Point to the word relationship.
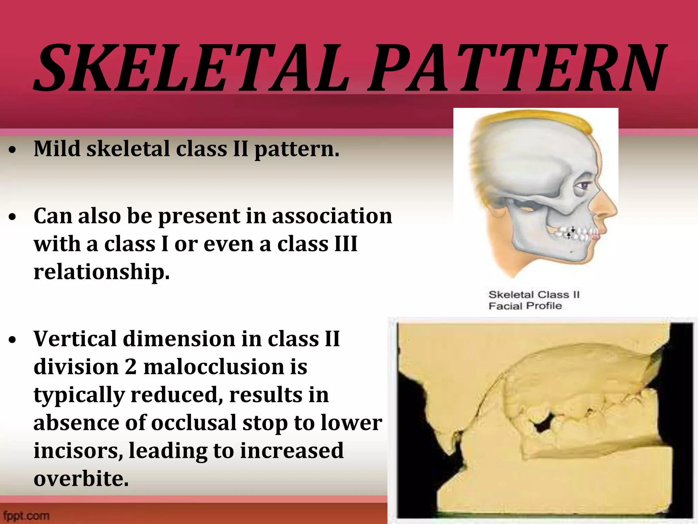click(x=101, y=272)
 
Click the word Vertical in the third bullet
click(x=75, y=339)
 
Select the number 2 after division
click(x=131, y=367)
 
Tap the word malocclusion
click(x=214, y=367)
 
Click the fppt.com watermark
click(x=26, y=515)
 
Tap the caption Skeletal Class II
click(x=534, y=294)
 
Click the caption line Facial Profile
click(x=525, y=306)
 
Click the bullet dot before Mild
click(x=13, y=150)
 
